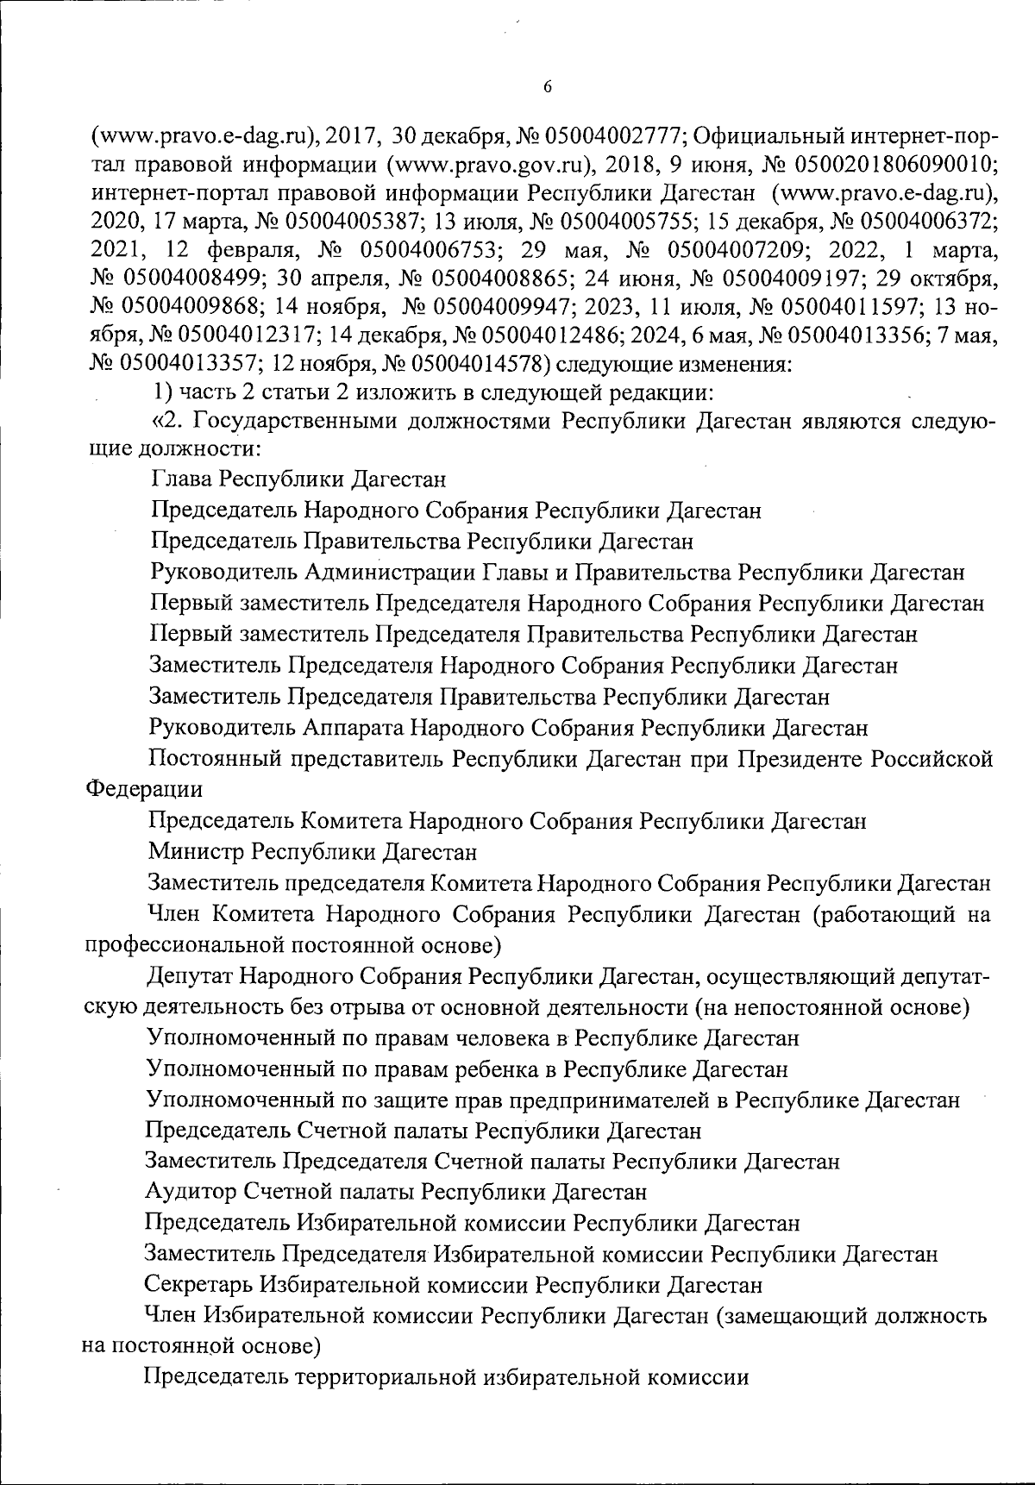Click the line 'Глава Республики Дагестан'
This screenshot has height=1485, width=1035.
coord(298,479)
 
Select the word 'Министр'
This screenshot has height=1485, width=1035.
coord(196,853)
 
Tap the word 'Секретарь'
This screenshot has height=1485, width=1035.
coord(198,1286)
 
